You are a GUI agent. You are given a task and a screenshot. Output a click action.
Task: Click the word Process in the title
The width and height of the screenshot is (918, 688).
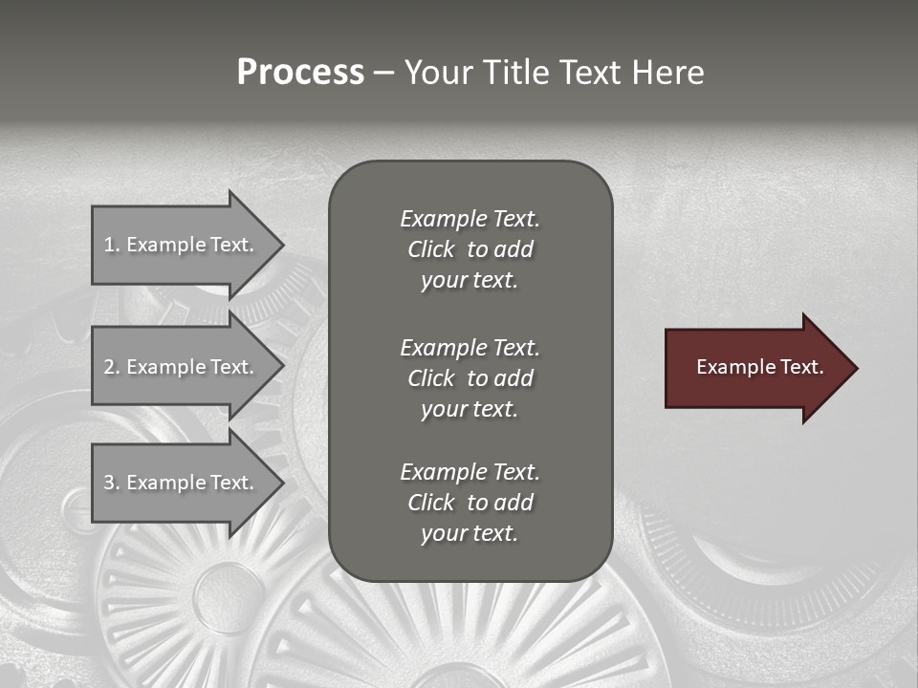(300, 73)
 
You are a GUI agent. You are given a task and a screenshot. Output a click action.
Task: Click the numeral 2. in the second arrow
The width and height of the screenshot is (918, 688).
(112, 367)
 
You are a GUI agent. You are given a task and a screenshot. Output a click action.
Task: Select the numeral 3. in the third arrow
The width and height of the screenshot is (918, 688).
(112, 483)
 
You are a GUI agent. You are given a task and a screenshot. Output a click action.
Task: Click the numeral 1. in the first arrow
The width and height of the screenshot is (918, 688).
(112, 245)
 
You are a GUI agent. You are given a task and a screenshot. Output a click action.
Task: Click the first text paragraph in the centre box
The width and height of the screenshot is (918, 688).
(470, 249)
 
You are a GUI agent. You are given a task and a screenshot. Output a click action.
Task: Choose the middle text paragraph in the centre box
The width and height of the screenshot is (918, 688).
(470, 378)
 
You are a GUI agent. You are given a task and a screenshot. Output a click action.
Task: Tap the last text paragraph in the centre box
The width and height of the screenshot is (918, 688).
(470, 503)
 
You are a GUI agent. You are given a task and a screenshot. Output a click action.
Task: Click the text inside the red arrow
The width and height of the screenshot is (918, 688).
(760, 367)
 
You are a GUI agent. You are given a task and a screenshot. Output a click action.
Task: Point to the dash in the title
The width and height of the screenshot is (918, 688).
(383, 73)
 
